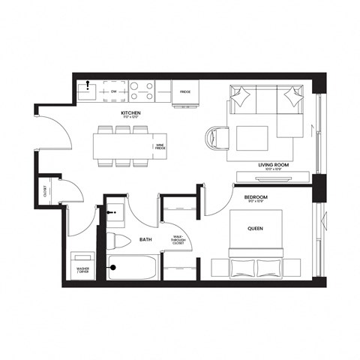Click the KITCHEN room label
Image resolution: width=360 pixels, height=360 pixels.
click(131, 114)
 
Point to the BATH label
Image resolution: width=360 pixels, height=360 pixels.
click(146, 239)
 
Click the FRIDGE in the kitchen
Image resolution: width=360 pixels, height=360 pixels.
click(184, 93)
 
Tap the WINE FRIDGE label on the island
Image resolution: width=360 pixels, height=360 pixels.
click(159, 148)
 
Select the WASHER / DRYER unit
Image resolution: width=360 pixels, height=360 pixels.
click(80, 268)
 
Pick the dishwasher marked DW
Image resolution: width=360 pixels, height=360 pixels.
click(114, 91)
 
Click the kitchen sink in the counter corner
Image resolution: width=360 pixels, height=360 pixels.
click(88, 92)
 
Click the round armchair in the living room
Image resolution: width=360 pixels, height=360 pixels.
click(217, 139)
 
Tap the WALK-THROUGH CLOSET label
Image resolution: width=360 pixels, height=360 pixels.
click(178, 240)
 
